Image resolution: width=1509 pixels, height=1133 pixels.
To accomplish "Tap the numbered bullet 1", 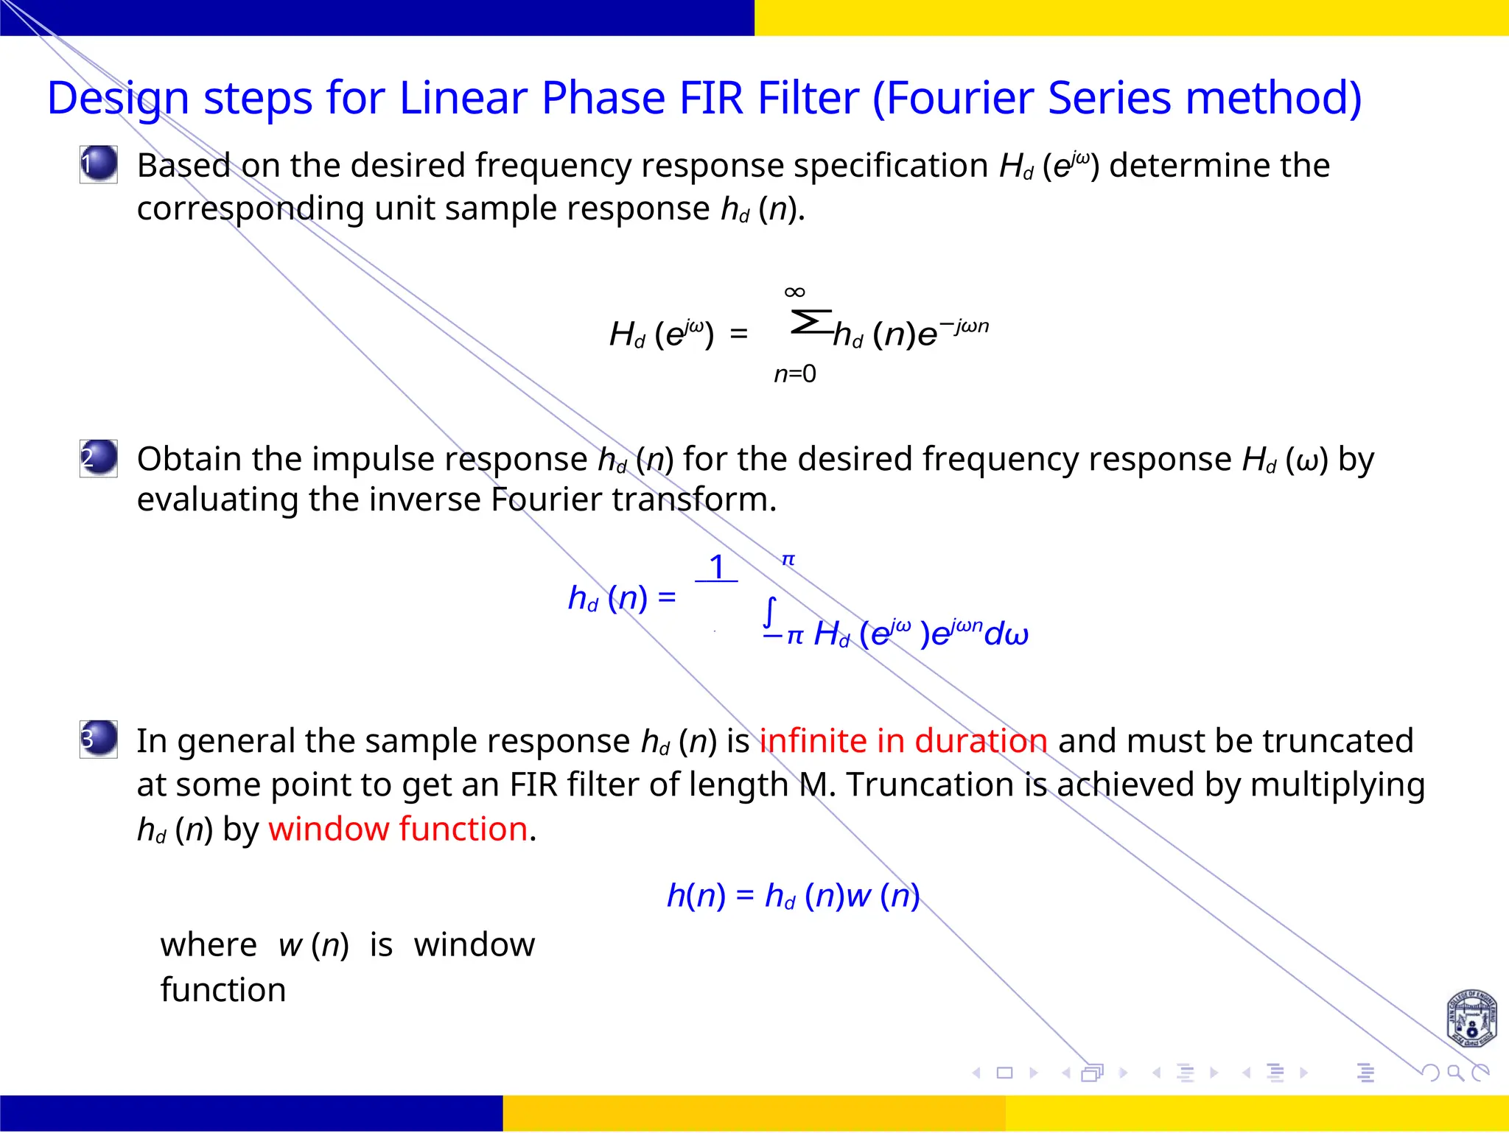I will pyautogui.click(x=99, y=164).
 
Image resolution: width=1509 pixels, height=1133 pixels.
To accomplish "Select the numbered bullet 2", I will pyautogui.click(x=99, y=457).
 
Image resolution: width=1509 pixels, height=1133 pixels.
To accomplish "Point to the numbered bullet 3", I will pyautogui.click(x=99, y=739).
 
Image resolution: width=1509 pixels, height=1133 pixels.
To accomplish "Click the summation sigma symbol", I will pyautogui.click(x=810, y=323).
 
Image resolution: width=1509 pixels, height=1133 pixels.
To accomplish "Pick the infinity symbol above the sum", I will pyautogui.click(x=794, y=292).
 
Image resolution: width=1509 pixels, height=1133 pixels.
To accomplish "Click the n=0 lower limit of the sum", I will pyautogui.click(x=794, y=374).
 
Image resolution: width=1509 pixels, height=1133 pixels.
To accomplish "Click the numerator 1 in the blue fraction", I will pyautogui.click(x=717, y=567).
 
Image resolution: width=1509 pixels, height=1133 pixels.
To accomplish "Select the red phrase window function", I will pyautogui.click(x=398, y=829).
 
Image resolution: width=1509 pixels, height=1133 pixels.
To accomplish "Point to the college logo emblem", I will pyautogui.click(x=1471, y=1020).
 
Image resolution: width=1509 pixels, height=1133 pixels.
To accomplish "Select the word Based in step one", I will pyautogui.click(x=183, y=166).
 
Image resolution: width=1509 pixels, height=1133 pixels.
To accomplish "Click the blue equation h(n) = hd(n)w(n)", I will pyautogui.click(x=793, y=896).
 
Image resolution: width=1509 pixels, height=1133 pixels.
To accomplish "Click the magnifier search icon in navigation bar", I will pyautogui.click(x=1454, y=1073).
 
